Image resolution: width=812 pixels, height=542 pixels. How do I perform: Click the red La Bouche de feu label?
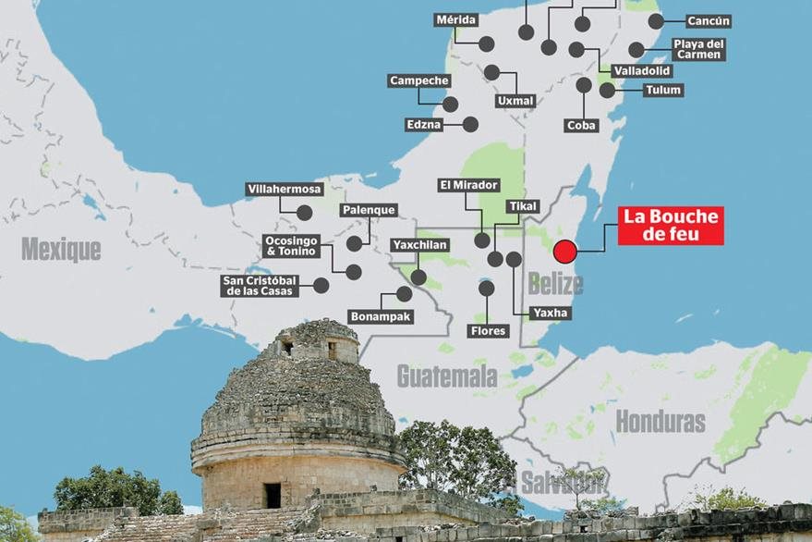click(x=670, y=226)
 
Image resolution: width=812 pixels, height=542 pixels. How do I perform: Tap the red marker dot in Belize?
click(x=564, y=251)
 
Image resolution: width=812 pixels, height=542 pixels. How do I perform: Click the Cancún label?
click(x=709, y=20)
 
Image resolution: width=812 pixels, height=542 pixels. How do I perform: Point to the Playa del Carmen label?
click(x=698, y=49)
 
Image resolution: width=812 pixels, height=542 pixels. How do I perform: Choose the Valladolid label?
click(x=642, y=71)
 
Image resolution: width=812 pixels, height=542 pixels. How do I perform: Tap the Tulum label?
click(x=663, y=90)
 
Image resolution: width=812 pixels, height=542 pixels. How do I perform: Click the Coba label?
click(x=582, y=125)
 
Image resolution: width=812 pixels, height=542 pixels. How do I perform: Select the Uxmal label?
click(x=515, y=101)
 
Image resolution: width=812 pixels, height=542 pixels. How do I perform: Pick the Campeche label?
click(x=418, y=81)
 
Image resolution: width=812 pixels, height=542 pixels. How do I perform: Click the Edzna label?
click(x=424, y=124)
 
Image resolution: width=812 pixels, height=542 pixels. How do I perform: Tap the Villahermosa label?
click(x=285, y=190)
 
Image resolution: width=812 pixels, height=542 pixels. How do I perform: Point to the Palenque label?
click(x=369, y=210)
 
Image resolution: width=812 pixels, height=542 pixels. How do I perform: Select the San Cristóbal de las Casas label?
click(x=260, y=286)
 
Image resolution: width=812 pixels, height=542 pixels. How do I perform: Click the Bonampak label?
click(x=381, y=316)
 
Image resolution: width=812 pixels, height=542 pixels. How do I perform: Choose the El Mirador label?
click(x=468, y=185)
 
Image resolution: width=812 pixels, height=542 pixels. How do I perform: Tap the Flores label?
click(x=488, y=330)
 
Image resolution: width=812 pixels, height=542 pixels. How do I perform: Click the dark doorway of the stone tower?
click(x=273, y=495)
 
